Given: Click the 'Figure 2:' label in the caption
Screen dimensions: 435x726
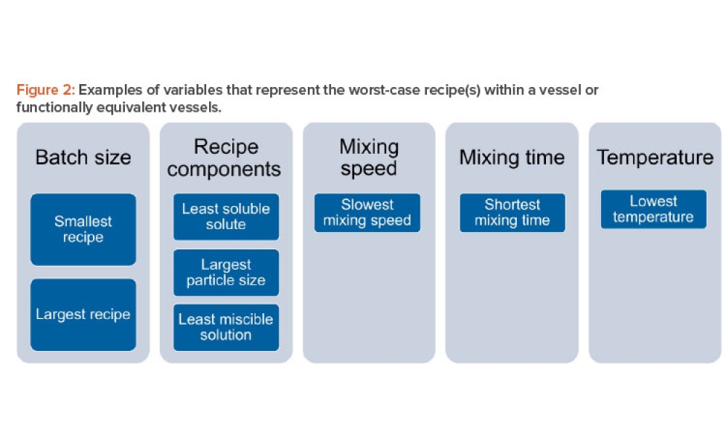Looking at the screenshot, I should point(45,91).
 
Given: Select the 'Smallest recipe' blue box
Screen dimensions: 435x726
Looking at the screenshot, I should point(83,229).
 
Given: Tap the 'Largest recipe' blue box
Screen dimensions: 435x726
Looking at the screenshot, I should point(83,315).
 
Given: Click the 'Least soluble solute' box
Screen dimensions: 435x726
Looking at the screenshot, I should point(226,217).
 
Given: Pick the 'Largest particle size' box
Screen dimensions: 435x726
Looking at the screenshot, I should point(226,273).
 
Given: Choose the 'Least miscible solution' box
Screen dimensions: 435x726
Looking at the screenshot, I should point(226,327).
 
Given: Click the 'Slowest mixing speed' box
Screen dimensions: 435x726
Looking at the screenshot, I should point(367,212).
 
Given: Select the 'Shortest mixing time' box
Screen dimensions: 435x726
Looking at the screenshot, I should point(512,212).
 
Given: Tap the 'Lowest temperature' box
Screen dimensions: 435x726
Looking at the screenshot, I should point(653,209).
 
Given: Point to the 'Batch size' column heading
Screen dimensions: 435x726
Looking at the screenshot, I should point(83,157).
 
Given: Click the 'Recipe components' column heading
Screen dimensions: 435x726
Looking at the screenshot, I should point(226,158).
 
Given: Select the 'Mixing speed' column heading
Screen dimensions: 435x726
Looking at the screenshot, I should point(369,158).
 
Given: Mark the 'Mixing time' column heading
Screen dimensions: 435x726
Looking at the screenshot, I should point(512,157).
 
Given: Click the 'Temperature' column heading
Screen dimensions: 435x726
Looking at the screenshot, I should point(655,157).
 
